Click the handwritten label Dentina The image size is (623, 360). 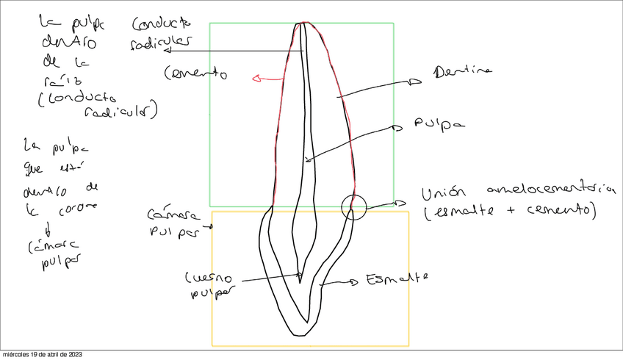[461, 73]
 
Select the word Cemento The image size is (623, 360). [195, 73]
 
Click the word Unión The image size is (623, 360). [445, 195]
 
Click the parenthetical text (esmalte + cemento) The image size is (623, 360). [508, 212]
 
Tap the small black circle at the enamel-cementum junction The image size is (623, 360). [354, 207]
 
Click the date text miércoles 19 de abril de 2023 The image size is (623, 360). [42, 355]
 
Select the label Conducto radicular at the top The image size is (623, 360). [160, 33]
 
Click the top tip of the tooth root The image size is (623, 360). [301, 24]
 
